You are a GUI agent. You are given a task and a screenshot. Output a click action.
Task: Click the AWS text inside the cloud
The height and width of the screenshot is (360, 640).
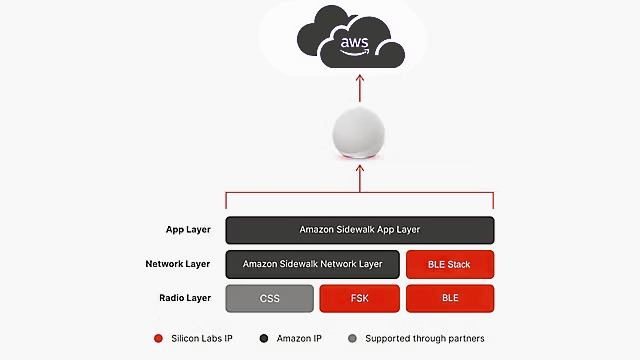[355, 43]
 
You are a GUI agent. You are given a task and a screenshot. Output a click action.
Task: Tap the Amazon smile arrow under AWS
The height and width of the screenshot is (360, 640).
[355, 54]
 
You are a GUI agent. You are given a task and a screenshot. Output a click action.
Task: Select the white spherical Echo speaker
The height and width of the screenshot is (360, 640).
[360, 132]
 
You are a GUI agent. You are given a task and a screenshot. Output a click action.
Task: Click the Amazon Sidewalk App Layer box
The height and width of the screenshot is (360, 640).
[360, 229]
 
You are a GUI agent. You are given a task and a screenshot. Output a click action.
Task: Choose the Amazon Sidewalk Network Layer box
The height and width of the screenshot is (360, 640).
[312, 264]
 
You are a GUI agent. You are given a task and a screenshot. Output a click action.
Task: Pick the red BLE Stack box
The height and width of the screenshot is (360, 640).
[450, 264]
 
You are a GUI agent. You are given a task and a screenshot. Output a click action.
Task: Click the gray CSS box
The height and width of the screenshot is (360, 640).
[269, 298]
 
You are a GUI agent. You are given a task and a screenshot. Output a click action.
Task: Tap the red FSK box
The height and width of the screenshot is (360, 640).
[359, 298]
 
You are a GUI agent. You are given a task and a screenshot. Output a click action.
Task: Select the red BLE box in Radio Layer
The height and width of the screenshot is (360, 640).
[450, 298]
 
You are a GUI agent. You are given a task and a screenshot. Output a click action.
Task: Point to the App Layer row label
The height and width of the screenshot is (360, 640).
[188, 229]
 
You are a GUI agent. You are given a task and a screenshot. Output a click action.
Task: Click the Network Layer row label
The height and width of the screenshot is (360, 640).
[178, 264]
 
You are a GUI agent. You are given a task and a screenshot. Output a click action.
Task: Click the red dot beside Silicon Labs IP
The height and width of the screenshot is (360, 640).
[158, 339]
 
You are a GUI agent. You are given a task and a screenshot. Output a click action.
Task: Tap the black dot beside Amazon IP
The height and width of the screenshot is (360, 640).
[262, 339]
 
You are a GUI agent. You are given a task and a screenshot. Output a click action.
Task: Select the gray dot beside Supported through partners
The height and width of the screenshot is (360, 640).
[352, 339]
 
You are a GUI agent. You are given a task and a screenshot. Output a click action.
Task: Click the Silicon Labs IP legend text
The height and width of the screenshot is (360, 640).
[201, 339]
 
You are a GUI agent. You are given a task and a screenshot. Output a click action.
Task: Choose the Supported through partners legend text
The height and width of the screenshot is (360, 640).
[426, 339]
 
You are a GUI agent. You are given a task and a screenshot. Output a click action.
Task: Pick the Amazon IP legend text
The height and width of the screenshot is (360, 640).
[297, 339]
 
